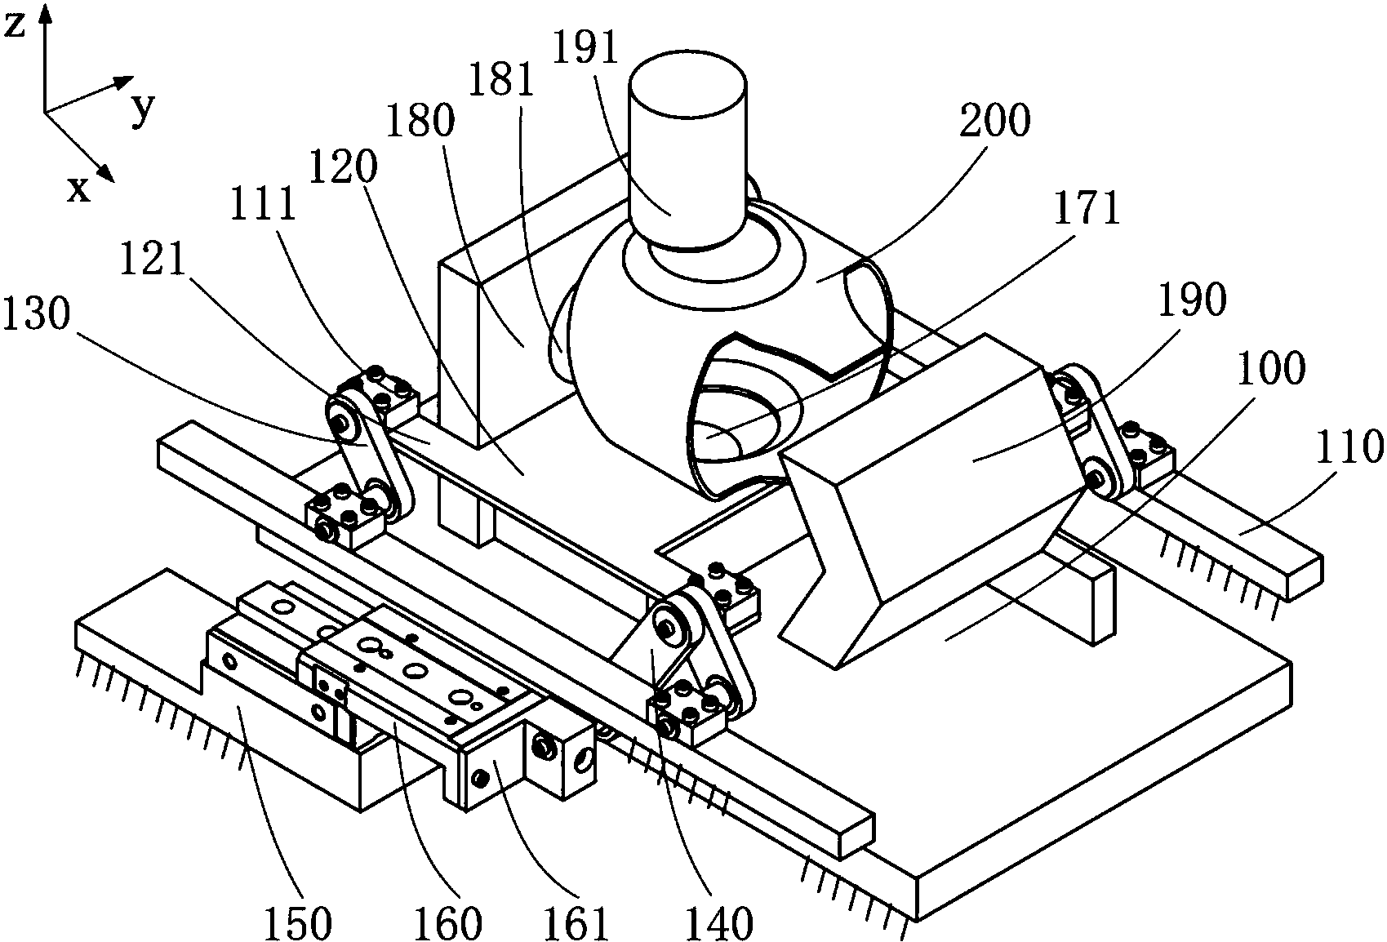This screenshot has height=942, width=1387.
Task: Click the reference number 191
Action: (585, 47)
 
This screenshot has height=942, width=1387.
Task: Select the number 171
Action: (1087, 209)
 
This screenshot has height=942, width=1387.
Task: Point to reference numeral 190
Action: (1193, 300)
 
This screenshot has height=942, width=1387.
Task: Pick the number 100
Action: (1271, 368)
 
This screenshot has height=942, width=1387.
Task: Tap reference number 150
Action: (299, 922)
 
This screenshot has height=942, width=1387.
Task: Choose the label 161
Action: (576, 922)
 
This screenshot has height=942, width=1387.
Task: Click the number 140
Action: (718, 922)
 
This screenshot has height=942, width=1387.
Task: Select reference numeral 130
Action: (36, 313)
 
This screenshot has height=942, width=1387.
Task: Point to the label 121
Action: (153, 258)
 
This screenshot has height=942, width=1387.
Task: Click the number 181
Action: (501, 80)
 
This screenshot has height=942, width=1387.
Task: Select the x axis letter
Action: (78, 189)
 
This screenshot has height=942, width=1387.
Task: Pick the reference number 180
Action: (420, 120)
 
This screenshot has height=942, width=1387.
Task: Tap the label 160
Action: (447, 922)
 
